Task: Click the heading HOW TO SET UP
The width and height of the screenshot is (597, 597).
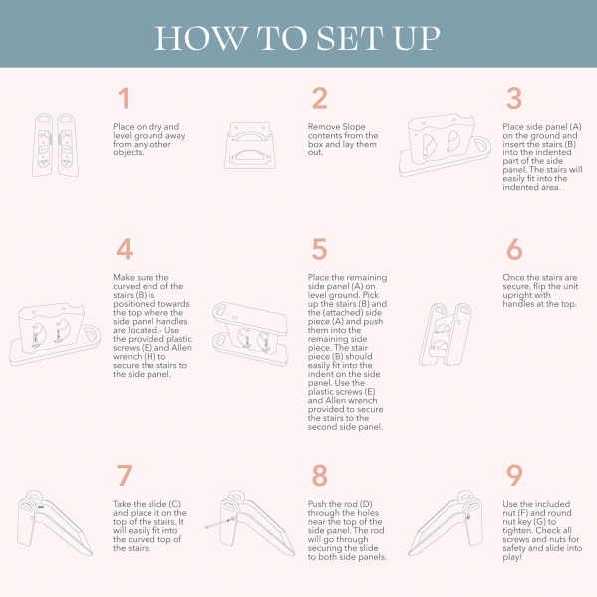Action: pos(297,38)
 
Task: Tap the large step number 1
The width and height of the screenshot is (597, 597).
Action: pos(124,98)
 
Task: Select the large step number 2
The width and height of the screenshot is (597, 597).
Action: pos(320,98)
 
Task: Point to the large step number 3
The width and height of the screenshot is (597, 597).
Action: pos(514,98)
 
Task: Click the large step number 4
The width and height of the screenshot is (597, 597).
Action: pos(125,249)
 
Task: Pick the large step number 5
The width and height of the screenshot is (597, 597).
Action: pos(319,249)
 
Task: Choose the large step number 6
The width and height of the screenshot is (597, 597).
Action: pos(514,249)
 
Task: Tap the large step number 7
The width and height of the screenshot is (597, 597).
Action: pos(125,476)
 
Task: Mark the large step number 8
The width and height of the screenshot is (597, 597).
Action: pos(320,476)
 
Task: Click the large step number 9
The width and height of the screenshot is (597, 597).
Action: pos(514,476)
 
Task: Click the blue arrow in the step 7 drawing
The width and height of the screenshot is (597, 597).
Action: pos(41,507)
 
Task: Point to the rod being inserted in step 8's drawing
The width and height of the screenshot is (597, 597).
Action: pos(218,524)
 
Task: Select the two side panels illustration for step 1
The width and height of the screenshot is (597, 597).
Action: pos(55,145)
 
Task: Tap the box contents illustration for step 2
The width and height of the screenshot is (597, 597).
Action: pos(250,146)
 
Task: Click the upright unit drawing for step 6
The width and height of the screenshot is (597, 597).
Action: pos(446,334)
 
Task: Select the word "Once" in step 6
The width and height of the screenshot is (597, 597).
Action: pos(513,277)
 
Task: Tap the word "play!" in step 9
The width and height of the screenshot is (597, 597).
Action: pos(512,558)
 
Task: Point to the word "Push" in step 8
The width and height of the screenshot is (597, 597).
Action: pos(317,504)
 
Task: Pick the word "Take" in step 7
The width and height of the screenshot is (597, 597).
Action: pos(122,504)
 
